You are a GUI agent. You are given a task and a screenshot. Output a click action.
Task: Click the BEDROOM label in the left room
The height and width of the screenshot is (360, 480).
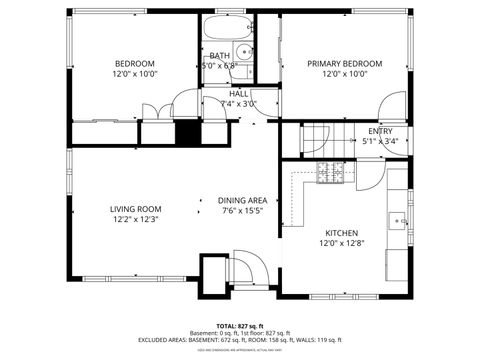(x=134, y=63)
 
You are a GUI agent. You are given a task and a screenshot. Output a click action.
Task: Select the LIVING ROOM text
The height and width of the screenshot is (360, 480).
(x=135, y=209)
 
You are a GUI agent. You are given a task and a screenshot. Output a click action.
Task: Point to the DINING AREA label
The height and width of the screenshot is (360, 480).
(x=242, y=200)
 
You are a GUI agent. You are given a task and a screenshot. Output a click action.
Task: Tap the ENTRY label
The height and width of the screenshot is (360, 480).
(x=380, y=131)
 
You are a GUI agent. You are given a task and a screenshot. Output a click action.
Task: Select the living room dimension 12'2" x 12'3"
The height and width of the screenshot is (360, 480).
(x=135, y=219)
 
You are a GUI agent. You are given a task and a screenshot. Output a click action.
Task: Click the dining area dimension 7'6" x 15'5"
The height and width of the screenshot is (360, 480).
(x=242, y=211)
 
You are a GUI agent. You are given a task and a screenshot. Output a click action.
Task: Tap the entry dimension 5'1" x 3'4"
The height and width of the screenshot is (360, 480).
(x=380, y=142)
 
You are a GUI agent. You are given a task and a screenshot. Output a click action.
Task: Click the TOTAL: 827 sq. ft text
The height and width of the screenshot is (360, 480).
(x=240, y=326)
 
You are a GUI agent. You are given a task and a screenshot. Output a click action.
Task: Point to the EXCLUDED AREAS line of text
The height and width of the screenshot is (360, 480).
(x=240, y=339)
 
